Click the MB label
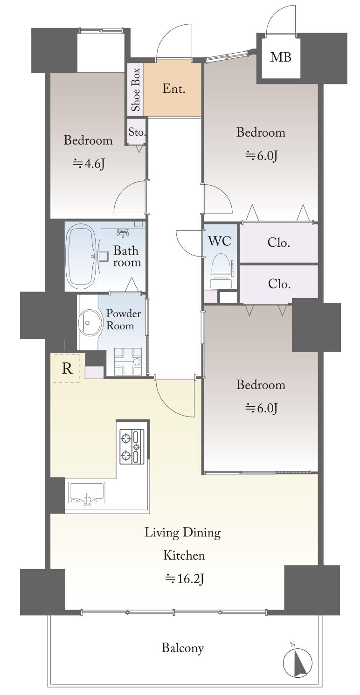pyautogui.click(x=281, y=57)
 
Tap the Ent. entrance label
pyautogui.click(x=173, y=89)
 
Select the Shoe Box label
pyautogui.click(x=136, y=90)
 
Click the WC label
pyautogui.click(x=220, y=241)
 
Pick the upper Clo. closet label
pyautogui.click(x=279, y=243)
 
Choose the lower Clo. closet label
pyautogui.click(x=279, y=284)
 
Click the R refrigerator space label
pyautogui.click(x=67, y=368)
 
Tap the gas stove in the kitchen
pyautogui.click(x=132, y=446)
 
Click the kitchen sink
pyautogui.click(x=87, y=493)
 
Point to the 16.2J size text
pyautogui.click(x=184, y=578)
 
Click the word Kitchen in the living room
pyautogui.click(x=184, y=555)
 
